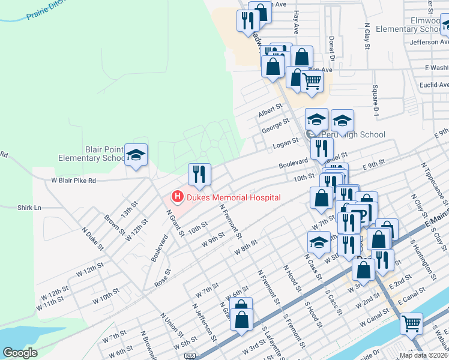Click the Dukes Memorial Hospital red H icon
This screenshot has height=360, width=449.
pos(178,196)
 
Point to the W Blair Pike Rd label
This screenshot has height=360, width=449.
pos(74,179)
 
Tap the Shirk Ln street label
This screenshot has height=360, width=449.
pos(29,208)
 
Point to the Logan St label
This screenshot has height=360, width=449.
pos(286,142)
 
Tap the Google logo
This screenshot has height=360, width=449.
pos(20,353)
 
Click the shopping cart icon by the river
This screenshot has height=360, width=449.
pos(412,323)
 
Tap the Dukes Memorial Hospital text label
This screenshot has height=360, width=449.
pos(234,197)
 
